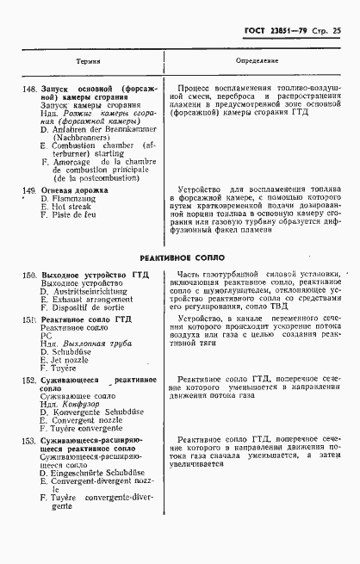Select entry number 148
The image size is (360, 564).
pyautogui.click(x=29, y=88)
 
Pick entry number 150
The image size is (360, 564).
pyautogui.click(x=29, y=275)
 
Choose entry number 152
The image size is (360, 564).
pyautogui.click(x=29, y=379)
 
